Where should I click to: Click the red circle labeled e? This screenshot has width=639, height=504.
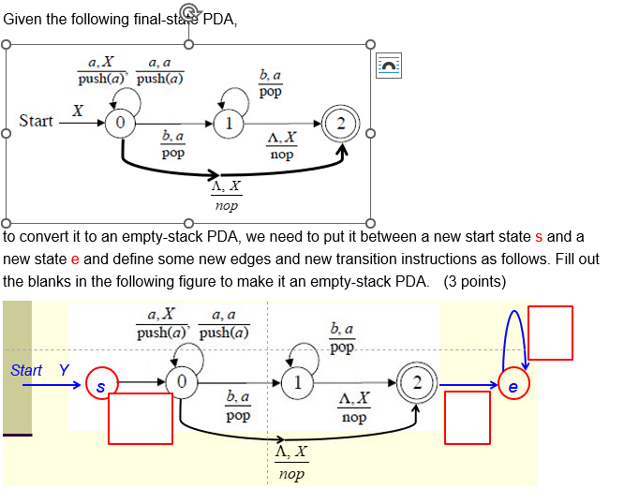[x=513, y=385]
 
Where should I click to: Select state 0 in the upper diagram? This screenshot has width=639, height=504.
[x=119, y=123]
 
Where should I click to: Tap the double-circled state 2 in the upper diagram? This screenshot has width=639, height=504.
[x=341, y=124]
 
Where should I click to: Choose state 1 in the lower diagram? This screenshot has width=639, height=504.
[x=296, y=382]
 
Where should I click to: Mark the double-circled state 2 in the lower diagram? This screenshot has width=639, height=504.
[x=414, y=382]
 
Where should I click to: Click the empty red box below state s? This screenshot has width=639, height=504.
[x=141, y=418]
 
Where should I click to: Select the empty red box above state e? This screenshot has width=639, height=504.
[x=550, y=333]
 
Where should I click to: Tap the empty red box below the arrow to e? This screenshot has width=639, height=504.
[x=467, y=418]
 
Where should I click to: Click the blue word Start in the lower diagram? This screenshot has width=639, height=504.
[x=26, y=370]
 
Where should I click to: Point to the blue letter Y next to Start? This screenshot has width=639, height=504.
[x=64, y=370]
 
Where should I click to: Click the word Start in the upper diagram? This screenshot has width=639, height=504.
[x=36, y=121]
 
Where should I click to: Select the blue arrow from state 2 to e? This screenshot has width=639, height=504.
[x=468, y=384]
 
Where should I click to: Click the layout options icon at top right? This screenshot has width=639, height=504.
[x=389, y=65]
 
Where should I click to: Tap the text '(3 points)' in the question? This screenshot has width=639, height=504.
[x=475, y=281]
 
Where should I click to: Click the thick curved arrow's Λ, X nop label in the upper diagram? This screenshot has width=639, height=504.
[x=226, y=196]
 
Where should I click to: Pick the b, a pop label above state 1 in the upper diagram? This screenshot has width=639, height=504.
[x=270, y=83]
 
